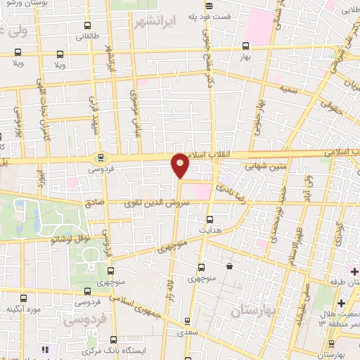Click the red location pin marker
(x=180, y=166)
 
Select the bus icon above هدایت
(x=209, y=218)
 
